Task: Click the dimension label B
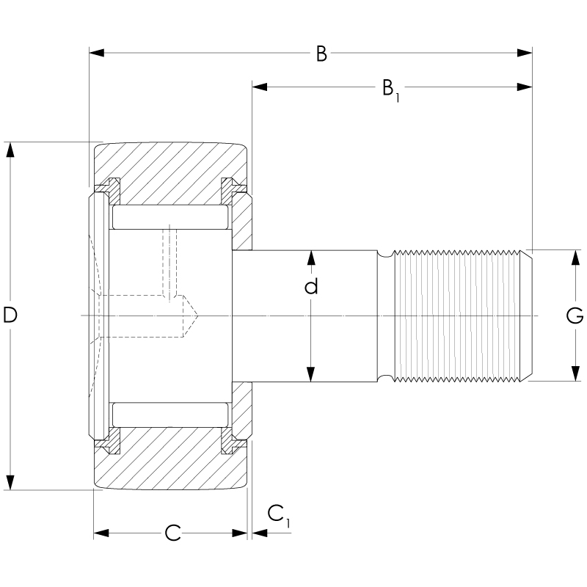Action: [321, 54]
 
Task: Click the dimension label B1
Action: [389, 89]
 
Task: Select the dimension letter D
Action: [10, 316]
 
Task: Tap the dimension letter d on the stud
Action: [311, 286]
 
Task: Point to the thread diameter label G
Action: [575, 316]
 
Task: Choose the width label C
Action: [172, 533]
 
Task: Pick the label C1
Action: [278, 515]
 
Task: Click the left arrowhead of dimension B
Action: [95, 53]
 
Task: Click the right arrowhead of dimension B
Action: [525, 53]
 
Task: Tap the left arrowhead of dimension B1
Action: [259, 87]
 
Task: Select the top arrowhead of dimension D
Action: [10, 149]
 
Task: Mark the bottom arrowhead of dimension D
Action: [10, 482]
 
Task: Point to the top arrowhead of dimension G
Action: [575, 257]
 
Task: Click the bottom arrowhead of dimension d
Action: [311, 375]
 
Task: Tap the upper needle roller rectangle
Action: [170, 216]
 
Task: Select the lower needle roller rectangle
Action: [170, 415]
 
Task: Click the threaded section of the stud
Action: [459, 316]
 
